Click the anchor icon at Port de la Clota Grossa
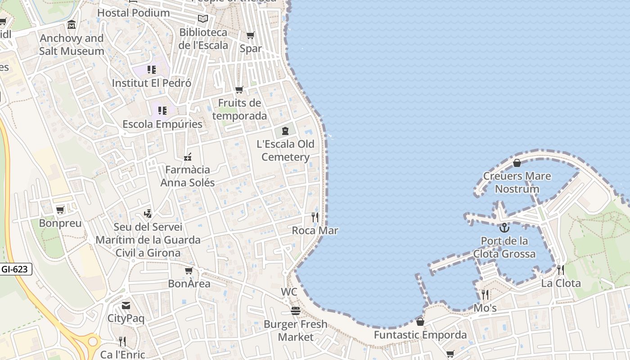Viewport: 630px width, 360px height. coord(504,228)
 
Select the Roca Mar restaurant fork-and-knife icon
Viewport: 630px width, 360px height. coord(315,217)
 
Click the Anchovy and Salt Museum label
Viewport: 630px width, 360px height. coord(72,45)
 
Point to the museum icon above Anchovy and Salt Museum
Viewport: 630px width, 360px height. coord(72,25)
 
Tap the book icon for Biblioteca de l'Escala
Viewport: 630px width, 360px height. coord(203,19)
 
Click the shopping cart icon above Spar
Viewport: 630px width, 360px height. coord(251,35)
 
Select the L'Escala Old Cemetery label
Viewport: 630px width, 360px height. coord(285,150)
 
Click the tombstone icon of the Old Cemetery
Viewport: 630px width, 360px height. coord(285,131)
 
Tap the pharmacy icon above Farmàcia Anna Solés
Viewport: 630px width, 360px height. coord(188,157)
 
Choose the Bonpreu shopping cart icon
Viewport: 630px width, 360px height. coord(60,210)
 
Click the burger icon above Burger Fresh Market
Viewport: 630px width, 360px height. coord(295,311)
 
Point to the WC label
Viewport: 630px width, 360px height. coord(289,292)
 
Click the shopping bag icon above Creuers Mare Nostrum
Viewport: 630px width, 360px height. coord(517,162)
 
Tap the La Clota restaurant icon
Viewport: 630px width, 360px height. coord(560,270)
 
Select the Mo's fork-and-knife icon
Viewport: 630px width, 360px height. coord(485,295)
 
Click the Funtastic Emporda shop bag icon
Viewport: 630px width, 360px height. coord(420,322)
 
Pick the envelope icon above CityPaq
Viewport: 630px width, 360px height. coord(126,306)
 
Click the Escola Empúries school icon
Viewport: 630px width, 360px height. coord(162,110)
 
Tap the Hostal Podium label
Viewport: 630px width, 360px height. coord(134,13)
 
